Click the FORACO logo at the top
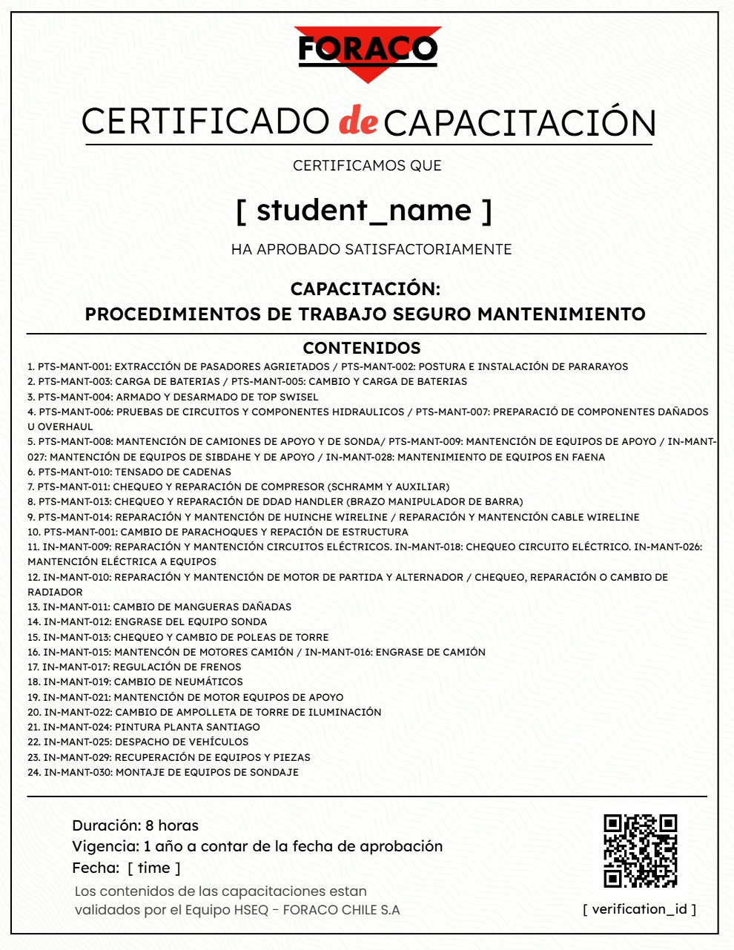click(367, 50)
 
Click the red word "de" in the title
click(358, 122)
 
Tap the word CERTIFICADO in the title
click(205, 122)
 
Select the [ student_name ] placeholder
click(364, 211)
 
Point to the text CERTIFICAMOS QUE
click(367, 165)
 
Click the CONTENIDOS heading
click(362, 348)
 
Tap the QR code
click(641, 851)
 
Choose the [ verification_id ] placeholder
click(640, 909)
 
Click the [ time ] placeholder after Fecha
click(154, 868)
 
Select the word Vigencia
click(105, 846)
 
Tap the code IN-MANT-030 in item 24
click(78, 772)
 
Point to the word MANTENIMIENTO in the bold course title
click(561, 314)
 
